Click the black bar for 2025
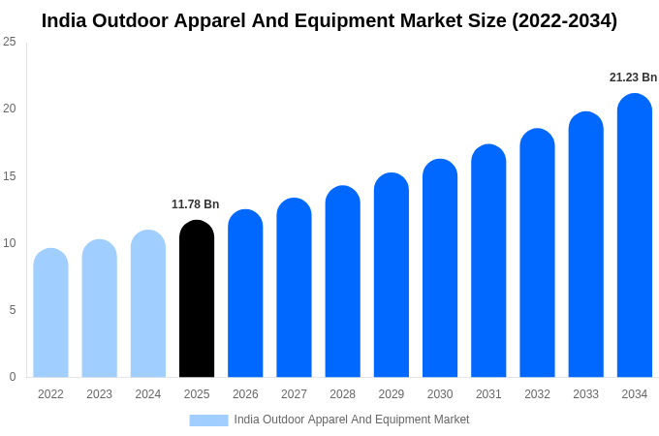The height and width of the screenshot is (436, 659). (x=197, y=300)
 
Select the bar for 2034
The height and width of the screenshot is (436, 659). (x=635, y=237)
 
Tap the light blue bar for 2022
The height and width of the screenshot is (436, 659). (x=50, y=315)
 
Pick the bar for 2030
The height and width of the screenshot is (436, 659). (x=440, y=269)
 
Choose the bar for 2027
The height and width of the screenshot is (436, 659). (x=294, y=289)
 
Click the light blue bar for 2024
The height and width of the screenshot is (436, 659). (x=148, y=305)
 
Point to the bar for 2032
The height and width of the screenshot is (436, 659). (x=537, y=254)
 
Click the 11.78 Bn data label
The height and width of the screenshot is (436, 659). (x=195, y=204)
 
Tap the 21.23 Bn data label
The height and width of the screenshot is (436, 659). (x=633, y=78)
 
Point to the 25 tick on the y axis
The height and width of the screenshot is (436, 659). (x=10, y=42)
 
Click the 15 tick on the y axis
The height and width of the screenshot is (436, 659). (x=10, y=176)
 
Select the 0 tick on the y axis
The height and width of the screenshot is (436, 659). (x=13, y=377)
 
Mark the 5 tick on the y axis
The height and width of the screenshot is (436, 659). (x=13, y=310)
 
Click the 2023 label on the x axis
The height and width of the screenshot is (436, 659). (x=99, y=394)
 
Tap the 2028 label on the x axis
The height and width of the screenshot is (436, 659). (x=342, y=394)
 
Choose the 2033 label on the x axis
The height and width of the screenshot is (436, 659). (x=585, y=394)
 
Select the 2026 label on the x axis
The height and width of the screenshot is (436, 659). (x=245, y=394)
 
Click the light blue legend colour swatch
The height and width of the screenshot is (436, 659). (x=208, y=420)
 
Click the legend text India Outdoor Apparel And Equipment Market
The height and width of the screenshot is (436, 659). (x=351, y=420)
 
